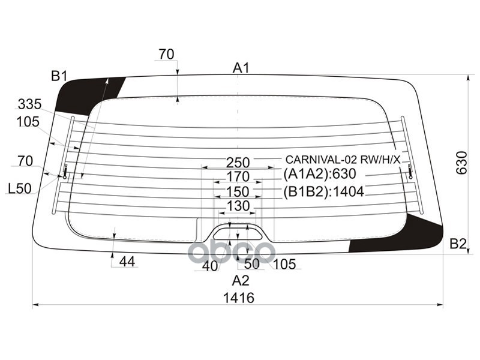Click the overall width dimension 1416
coord(238,298)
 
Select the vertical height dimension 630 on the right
coord(461,163)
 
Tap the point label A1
coord(241,68)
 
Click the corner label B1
coord(59,76)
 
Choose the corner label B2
coord(458,244)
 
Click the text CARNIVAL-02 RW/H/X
coord(342,160)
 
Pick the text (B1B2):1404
coord(323,193)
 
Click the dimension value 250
coord(238,162)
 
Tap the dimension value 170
coord(238,177)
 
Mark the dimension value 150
coord(238,192)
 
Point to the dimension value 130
coord(238,207)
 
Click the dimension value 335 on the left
coord(29,104)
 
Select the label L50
coord(19,189)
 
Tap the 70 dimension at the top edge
coord(166,55)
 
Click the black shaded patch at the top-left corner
coord(84,93)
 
